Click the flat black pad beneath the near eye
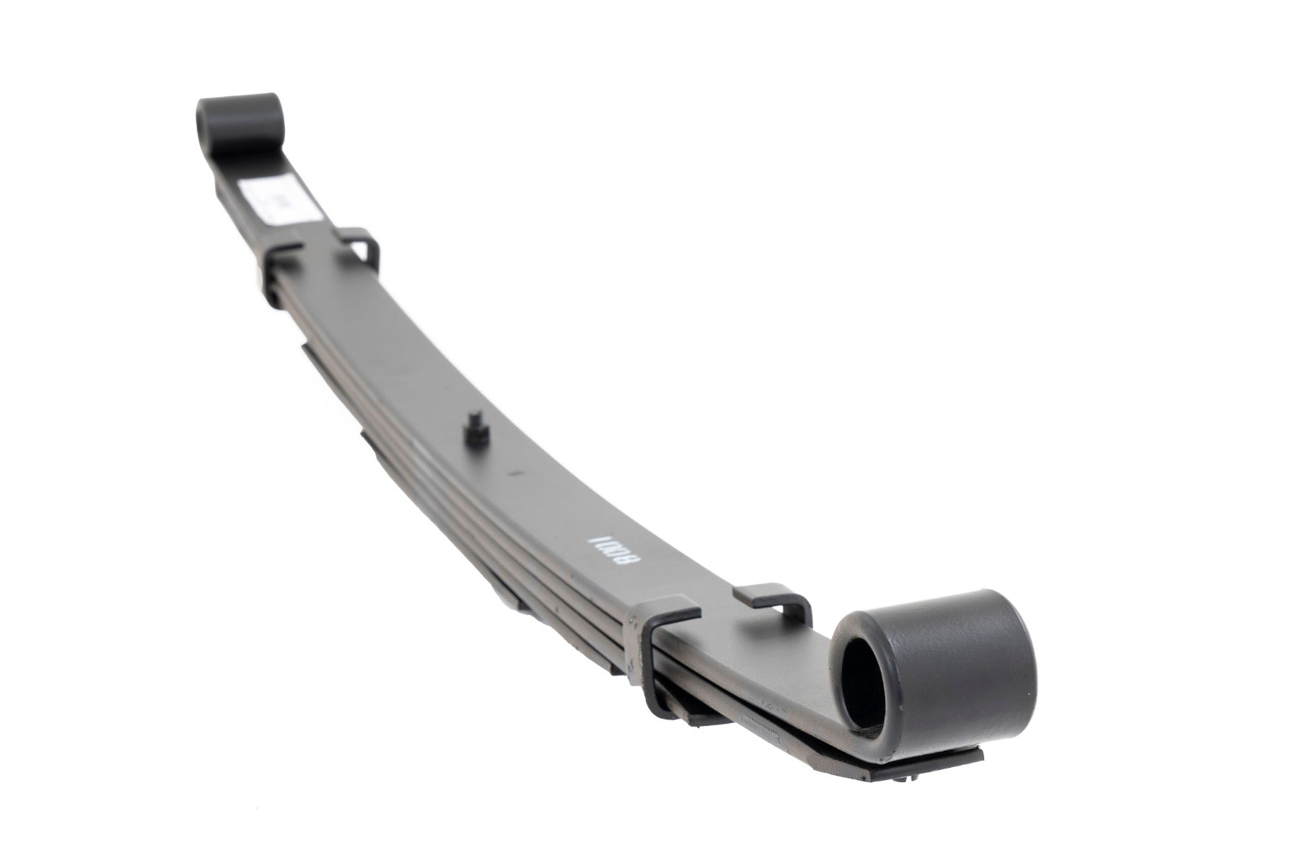[x=931, y=754]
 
